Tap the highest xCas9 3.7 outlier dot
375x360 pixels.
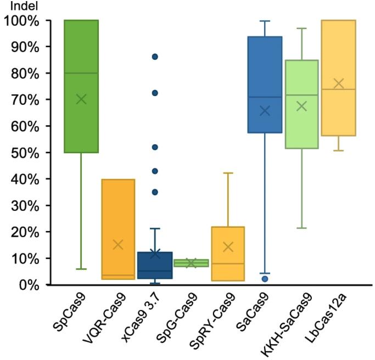point(155,57)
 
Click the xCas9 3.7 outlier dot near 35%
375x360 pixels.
point(155,192)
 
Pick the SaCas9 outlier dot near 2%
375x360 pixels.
point(265,279)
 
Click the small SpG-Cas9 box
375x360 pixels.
point(192,263)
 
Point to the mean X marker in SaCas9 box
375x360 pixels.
point(265,111)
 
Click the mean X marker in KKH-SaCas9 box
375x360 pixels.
point(301,106)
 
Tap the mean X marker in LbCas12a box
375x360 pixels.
point(338,83)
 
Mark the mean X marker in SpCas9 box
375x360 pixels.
point(81,99)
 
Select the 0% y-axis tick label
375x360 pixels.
point(27,285)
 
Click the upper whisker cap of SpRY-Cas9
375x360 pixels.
point(228,173)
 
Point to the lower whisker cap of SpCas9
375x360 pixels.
point(81,269)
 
